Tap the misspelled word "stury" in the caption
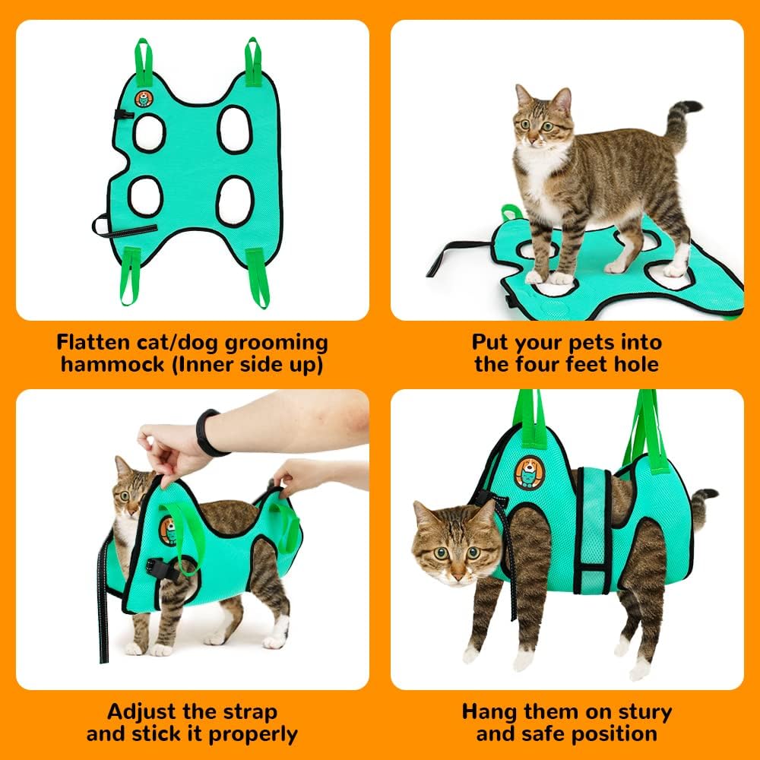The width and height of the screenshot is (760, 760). (x=635, y=712)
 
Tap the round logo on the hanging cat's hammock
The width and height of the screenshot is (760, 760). (x=529, y=473)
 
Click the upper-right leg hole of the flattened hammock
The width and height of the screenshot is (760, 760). (x=234, y=129)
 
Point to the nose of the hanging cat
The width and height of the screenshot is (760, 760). (x=454, y=566)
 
